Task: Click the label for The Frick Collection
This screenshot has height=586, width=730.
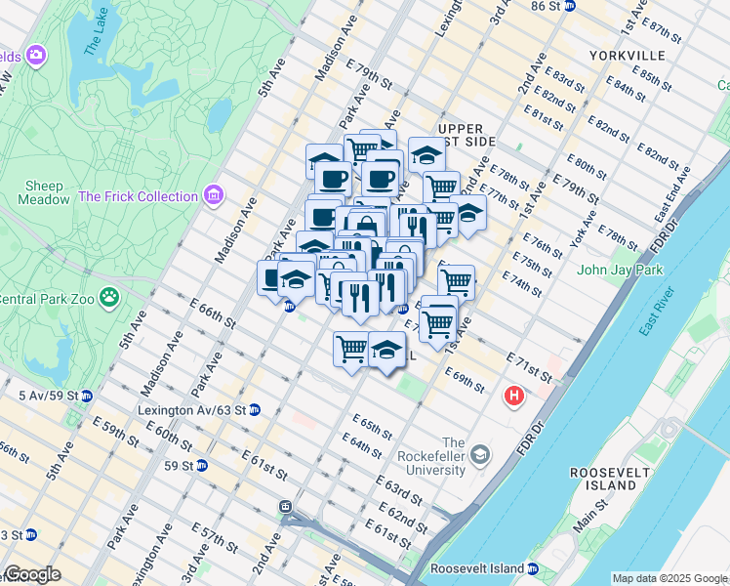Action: [138, 196]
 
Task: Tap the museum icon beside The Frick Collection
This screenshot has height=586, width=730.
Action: [214, 196]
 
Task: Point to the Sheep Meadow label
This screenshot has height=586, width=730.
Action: [40, 192]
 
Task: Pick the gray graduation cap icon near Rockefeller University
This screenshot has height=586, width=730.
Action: [480, 454]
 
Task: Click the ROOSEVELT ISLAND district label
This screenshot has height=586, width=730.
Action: [609, 479]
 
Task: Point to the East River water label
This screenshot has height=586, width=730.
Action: [657, 313]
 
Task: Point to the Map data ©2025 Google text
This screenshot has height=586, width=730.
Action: [669, 578]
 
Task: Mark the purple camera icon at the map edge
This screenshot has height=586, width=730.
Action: [36, 54]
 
